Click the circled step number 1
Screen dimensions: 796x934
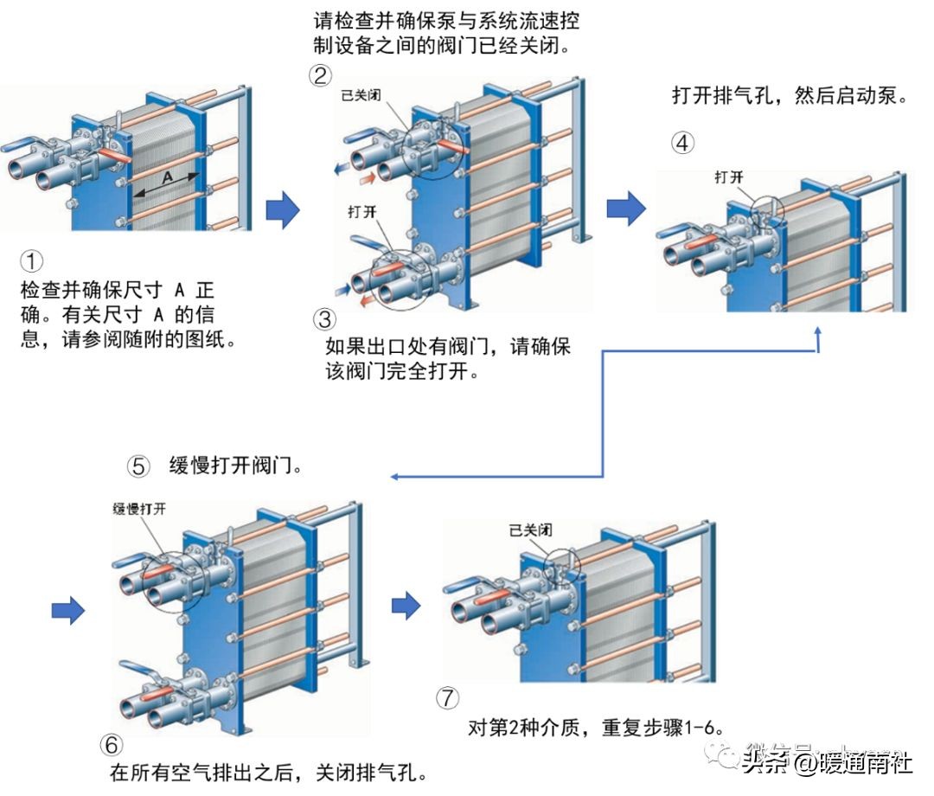point(30,260)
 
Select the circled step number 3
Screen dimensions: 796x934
point(324,319)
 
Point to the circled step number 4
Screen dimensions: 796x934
point(683,143)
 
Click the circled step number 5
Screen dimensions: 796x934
point(138,466)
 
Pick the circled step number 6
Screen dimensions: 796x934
point(112,744)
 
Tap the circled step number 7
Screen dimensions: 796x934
point(448,697)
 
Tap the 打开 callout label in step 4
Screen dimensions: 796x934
point(728,177)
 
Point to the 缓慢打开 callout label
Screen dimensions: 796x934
point(138,508)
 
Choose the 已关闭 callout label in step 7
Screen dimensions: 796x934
point(530,530)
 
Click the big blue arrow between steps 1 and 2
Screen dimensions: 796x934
point(282,210)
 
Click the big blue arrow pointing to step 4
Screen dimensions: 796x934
point(626,208)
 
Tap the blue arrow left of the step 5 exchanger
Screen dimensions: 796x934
point(68,611)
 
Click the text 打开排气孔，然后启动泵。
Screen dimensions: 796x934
point(790,95)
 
